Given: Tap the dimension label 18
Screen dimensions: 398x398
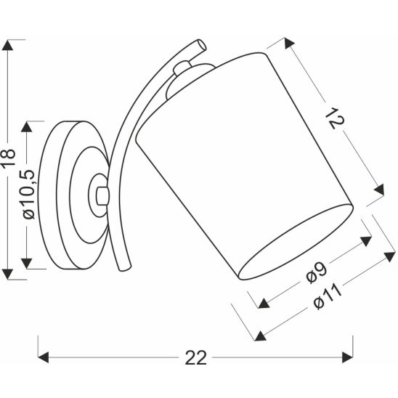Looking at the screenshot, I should click(x=9, y=161).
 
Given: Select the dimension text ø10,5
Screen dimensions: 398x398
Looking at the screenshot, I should click(x=28, y=195).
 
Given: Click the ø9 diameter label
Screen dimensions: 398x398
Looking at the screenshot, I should click(x=314, y=272).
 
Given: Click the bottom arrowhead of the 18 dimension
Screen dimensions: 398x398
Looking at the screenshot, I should click(x=9, y=274).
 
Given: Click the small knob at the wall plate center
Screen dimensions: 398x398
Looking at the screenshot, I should click(x=99, y=194).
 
